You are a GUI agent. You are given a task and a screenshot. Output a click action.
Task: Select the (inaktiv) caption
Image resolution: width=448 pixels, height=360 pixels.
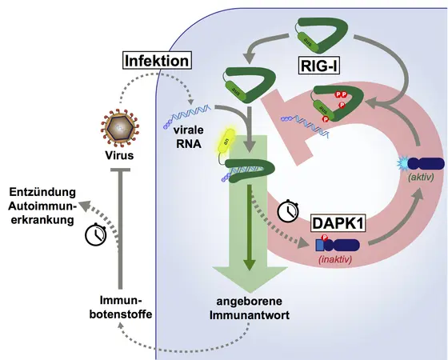[x=337, y=258]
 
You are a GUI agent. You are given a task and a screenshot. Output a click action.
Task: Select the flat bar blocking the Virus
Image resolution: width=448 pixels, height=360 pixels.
[x=118, y=170]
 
